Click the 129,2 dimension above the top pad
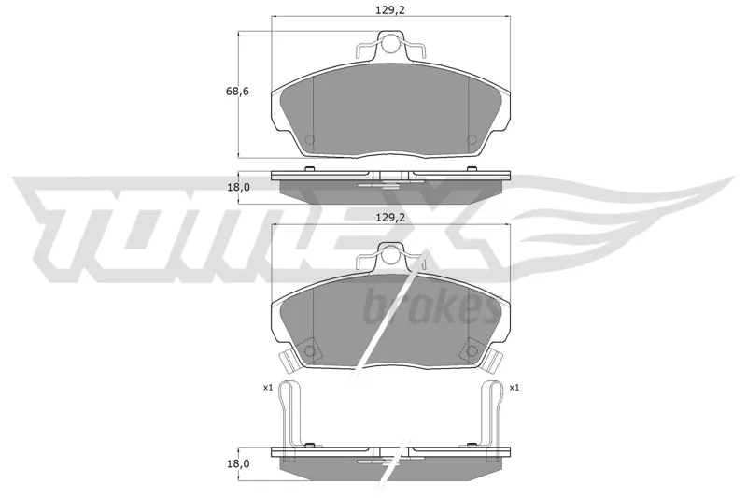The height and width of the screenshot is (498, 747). coord(390,9)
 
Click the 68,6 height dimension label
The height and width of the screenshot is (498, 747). coord(237,91)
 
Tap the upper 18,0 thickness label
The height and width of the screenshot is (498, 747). coord(238,187)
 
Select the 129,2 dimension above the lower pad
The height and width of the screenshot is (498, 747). coord(390,218)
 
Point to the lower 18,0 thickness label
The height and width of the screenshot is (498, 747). coord(238,463)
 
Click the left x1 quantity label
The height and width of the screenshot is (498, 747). coord(267,388)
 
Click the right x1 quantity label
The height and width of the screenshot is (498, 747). coord(514,388)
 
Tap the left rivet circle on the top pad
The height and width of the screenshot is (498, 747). coord(310,139)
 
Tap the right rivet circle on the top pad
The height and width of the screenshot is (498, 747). coord(472,139)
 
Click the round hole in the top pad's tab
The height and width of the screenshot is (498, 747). coord(390,44)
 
